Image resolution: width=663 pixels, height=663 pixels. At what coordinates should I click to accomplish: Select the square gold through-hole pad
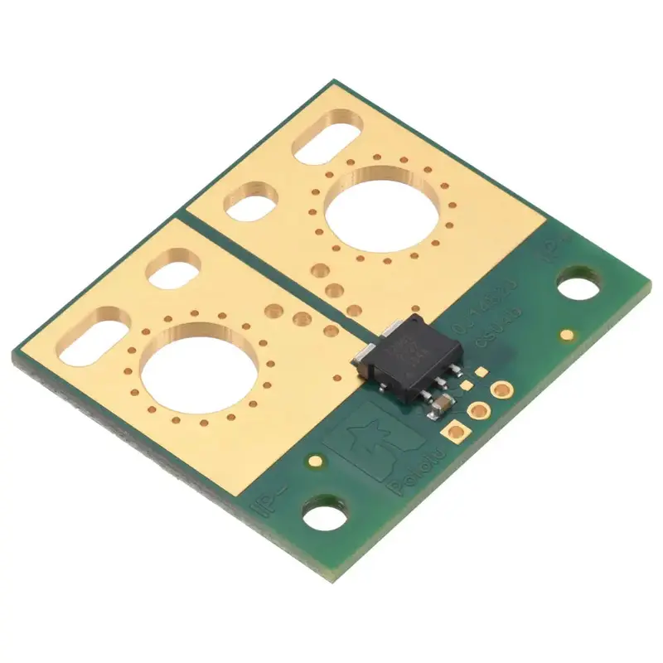pos(454,429)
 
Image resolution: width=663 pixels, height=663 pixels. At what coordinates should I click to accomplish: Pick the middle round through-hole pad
pos(478,409)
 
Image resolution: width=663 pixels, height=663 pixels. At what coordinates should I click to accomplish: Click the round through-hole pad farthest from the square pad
pos(501,388)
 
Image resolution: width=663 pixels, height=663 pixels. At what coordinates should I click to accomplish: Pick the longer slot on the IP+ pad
pos(327,141)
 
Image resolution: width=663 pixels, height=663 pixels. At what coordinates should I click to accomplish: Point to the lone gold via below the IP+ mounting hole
pos(567,335)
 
